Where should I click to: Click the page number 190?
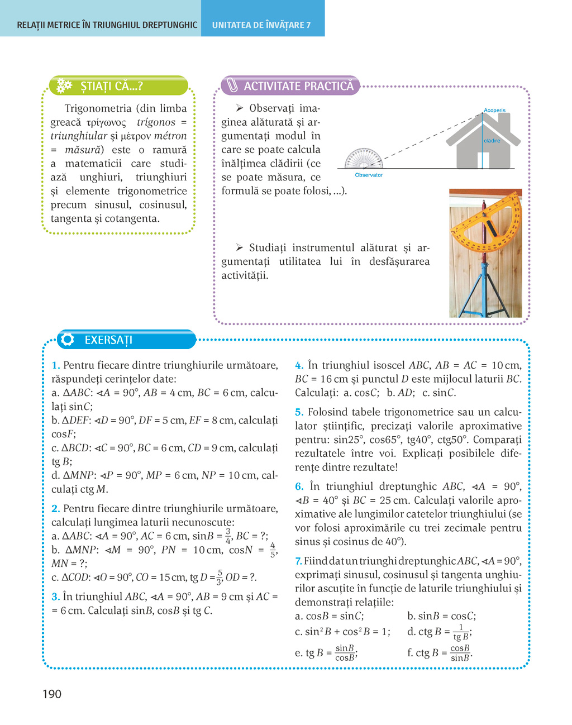click(52, 694)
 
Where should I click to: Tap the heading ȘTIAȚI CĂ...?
click(111, 86)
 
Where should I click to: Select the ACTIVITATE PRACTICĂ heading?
click(298, 86)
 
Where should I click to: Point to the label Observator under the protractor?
click(369, 175)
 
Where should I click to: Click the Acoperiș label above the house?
click(494, 111)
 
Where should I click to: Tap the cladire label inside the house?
click(492, 141)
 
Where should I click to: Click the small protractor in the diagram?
click(364, 159)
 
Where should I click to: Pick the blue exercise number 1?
click(55, 365)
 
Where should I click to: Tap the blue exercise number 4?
click(299, 365)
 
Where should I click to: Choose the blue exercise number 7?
click(298, 561)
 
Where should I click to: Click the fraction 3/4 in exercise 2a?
click(228, 536)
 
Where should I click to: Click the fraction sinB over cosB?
click(345, 652)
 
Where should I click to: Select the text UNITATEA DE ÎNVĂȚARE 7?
click(261, 25)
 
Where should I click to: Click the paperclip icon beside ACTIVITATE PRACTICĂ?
click(232, 86)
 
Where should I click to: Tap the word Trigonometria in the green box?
click(98, 108)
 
